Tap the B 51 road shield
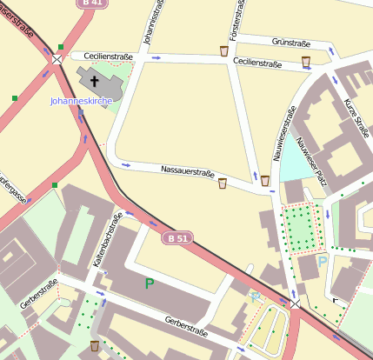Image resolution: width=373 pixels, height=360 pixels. point(177,237)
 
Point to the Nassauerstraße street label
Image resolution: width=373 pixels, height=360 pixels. point(187,172)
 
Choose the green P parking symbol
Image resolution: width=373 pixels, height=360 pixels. point(150,283)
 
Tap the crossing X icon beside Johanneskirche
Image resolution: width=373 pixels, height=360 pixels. point(57,59)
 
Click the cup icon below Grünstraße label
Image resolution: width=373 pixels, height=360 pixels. point(306,61)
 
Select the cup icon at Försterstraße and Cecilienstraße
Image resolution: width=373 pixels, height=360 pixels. point(224,51)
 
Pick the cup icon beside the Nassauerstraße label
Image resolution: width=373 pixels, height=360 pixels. point(223,183)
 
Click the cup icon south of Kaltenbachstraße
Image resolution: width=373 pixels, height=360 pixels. point(94,346)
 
